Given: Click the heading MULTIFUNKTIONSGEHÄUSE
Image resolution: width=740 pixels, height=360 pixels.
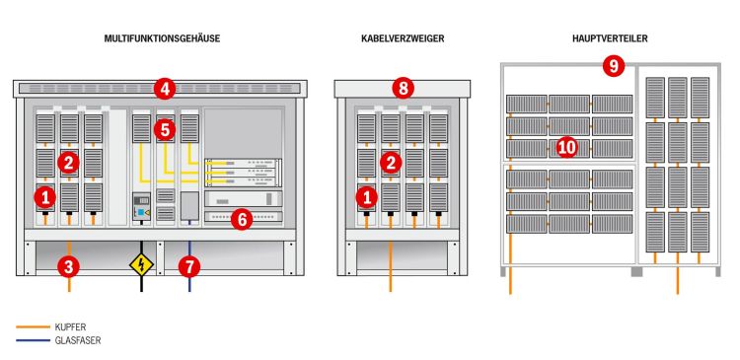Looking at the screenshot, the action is pos(162,39).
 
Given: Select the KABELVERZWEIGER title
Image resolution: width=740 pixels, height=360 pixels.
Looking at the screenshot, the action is pos(403,39).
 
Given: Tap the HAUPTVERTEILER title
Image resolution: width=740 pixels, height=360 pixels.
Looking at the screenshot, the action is pos(610,39).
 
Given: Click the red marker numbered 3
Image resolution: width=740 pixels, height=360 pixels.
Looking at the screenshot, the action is pos(69,267).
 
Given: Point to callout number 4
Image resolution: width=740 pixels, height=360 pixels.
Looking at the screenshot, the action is pos(164,89).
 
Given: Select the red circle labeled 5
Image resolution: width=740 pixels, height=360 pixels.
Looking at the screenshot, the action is pos(164,130).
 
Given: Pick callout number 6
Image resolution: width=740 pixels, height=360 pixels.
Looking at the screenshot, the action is pos(242,220).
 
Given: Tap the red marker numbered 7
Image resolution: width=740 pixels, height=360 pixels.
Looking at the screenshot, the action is pos(189,267).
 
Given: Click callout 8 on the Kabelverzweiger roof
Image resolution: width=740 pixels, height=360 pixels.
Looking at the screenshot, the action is pos(403,89).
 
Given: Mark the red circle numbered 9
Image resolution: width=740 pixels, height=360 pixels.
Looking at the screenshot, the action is pos(614,66).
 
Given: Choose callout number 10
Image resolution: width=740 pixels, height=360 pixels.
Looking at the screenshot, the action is pos(566,148).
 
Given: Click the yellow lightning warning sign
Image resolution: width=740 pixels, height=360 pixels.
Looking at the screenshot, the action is pos(141,264).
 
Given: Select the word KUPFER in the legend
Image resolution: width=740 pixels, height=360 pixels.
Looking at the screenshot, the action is pos(70,327).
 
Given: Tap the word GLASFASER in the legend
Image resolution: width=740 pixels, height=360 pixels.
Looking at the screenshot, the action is pos(78,340).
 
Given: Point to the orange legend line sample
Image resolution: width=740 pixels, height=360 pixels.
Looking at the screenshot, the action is pos(33,326).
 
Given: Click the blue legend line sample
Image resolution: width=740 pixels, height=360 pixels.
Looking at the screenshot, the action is pos(33,340).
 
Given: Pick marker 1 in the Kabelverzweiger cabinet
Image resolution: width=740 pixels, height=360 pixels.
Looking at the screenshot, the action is pos(366,197).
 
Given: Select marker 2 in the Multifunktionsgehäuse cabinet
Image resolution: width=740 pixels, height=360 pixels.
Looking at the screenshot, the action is pos(68,164).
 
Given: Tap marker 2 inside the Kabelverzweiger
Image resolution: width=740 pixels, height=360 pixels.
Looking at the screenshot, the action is pos(391,163).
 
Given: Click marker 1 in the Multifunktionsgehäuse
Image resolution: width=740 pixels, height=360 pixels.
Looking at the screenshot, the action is pos(45,197).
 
